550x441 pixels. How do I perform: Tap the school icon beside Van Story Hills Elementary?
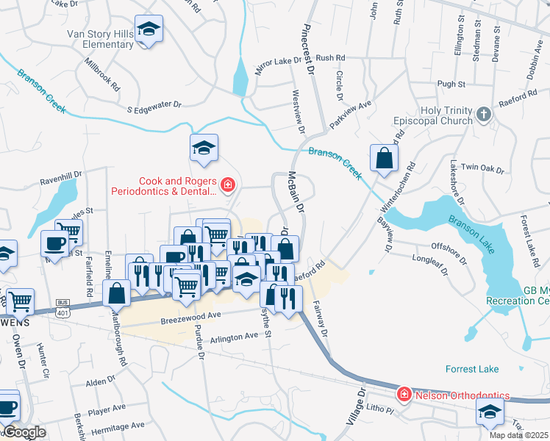149,30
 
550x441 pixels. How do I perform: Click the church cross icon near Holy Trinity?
483,114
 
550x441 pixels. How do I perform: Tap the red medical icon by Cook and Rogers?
227,184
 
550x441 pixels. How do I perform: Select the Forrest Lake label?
471,369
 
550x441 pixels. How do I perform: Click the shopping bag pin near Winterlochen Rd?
385,158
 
